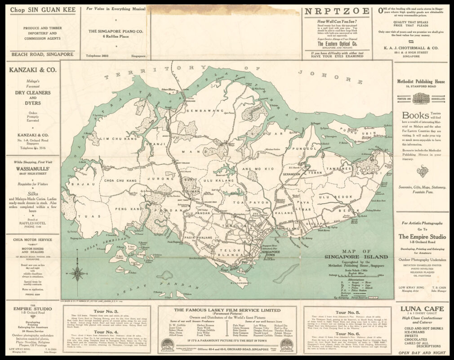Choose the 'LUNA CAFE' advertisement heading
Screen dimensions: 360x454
click(x=421, y=309)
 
